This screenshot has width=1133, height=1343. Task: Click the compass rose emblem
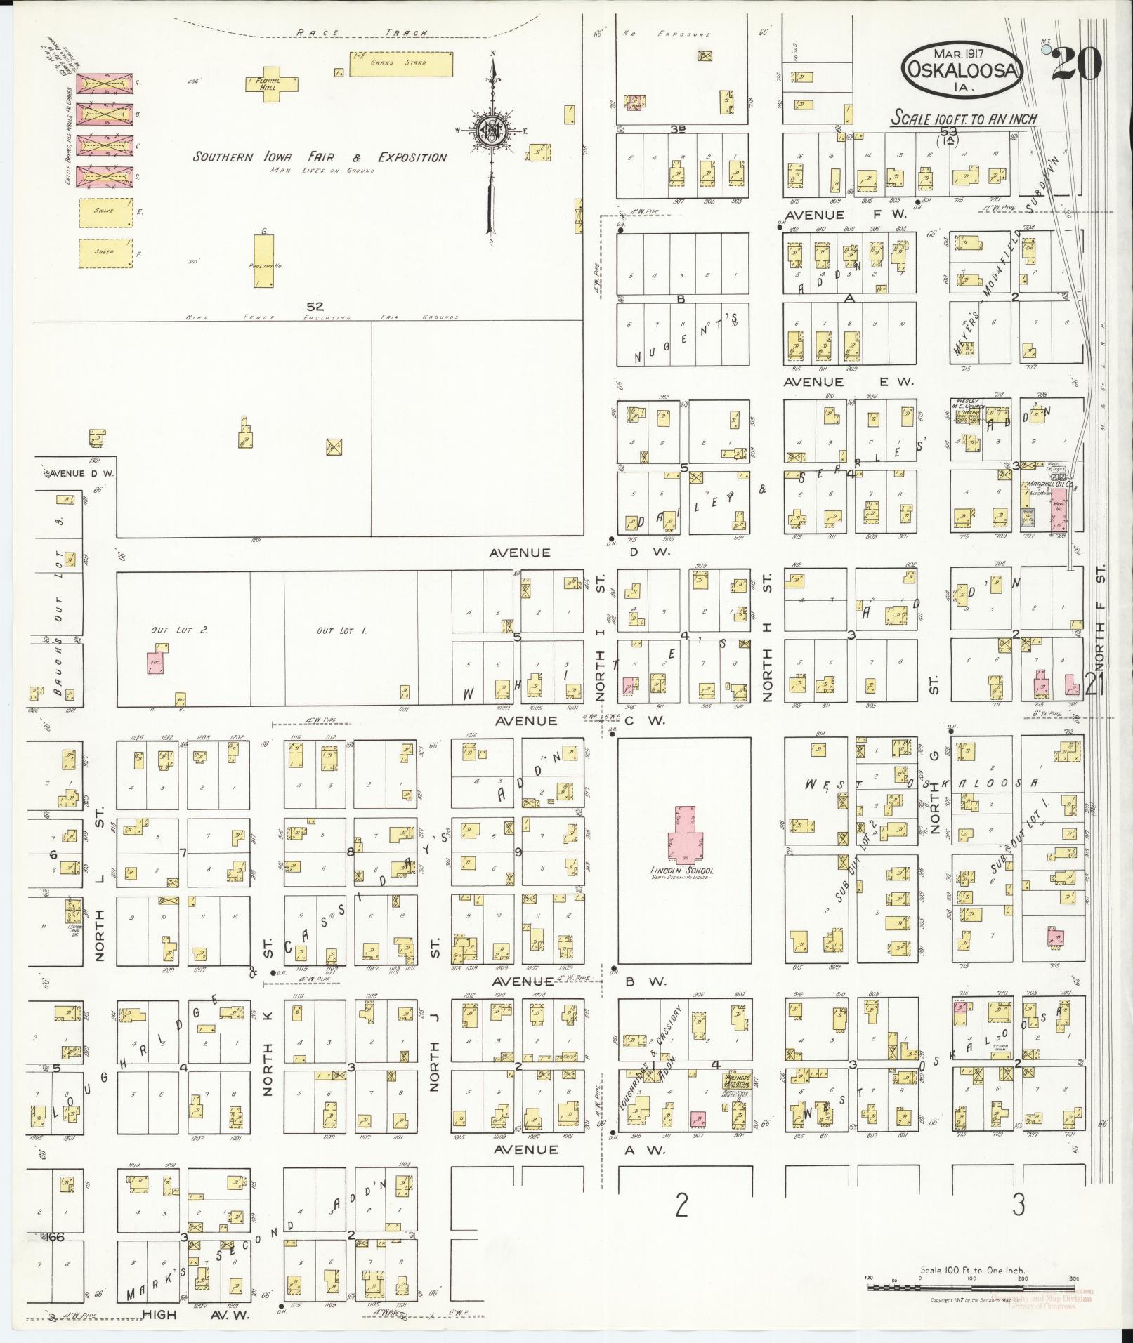(492, 131)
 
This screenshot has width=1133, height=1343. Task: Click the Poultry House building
(264, 260)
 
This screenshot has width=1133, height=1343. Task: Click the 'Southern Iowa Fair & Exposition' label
(320, 157)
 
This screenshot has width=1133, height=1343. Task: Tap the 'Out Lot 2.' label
(169, 630)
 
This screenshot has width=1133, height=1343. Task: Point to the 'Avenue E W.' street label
(849, 382)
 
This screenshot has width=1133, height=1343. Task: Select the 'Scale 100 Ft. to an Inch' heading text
(964, 119)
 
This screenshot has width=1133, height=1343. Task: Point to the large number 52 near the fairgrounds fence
(314, 306)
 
